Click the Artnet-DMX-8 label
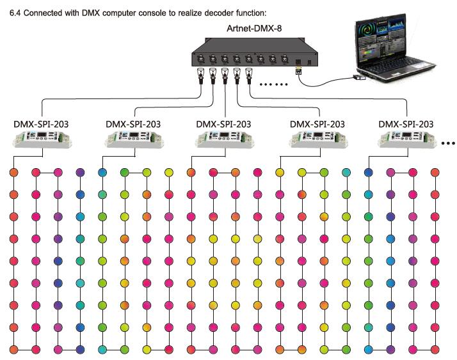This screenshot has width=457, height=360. pyautogui.click(x=254, y=29)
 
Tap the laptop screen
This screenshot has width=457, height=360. pyautogui.click(x=381, y=40)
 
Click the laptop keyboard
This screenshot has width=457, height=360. pyautogui.click(x=397, y=68)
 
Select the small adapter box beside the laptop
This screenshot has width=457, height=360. pyautogui.click(x=359, y=77)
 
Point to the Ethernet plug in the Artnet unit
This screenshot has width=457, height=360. pyautogui.click(x=298, y=70)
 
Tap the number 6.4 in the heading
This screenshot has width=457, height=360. pyautogui.click(x=15, y=13)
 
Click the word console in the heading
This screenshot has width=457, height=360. pyautogui.click(x=150, y=13)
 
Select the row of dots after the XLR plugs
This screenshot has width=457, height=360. pyautogui.click(x=274, y=84)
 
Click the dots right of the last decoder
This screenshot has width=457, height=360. pyautogui.click(x=448, y=143)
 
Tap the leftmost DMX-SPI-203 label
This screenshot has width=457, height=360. pyautogui.click(x=41, y=124)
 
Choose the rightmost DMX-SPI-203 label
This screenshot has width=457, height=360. pyautogui.click(x=406, y=124)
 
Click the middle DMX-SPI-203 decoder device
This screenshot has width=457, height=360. pyautogui.click(x=225, y=139)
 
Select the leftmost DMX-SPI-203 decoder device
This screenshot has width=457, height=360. pyautogui.click(x=42, y=139)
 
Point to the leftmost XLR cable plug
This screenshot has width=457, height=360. pyautogui.click(x=201, y=76)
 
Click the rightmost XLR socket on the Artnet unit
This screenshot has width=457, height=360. pyautogui.click(x=284, y=59)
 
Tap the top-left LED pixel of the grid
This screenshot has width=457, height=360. pyautogui.click(x=13, y=173)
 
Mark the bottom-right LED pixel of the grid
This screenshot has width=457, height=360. pyautogui.click(x=435, y=349)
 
